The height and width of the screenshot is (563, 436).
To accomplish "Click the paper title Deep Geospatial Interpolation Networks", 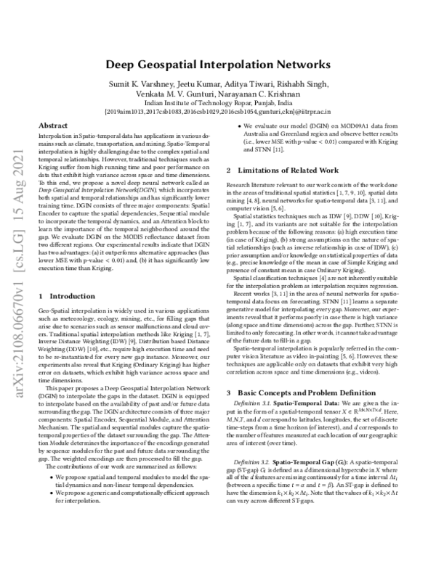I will [217, 65].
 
